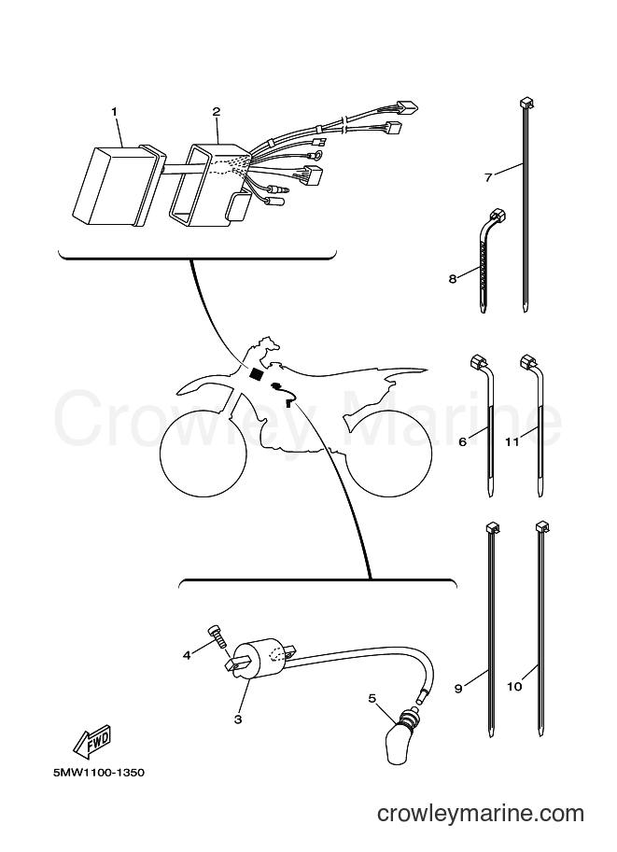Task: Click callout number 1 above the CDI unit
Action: (x=114, y=111)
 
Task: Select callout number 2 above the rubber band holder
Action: (x=217, y=111)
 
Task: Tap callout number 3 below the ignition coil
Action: (x=237, y=719)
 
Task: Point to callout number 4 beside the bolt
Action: (x=187, y=655)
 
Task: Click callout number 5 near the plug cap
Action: (x=372, y=698)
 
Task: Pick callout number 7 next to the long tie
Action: (x=487, y=176)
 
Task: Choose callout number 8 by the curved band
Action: (x=453, y=279)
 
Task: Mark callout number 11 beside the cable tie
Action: (x=512, y=441)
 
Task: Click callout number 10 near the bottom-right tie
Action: (x=514, y=687)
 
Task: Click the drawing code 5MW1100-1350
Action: (x=99, y=772)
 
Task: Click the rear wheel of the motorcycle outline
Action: (x=388, y=452)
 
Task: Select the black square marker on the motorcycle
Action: (x=255, y=374)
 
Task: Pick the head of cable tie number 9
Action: (x=492, y=526)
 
